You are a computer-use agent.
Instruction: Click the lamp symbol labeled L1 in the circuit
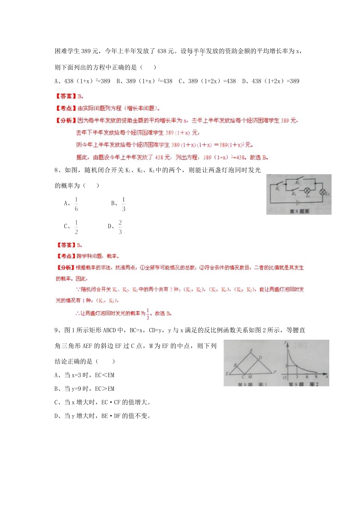pos(307,190)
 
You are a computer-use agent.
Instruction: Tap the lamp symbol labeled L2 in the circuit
pos(323,192)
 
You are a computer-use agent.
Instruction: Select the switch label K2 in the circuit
pos(297,183)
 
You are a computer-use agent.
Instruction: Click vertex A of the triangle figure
pos(251,351)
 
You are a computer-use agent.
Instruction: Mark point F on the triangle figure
pos(275,372)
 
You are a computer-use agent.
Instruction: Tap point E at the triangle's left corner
pos(227,374)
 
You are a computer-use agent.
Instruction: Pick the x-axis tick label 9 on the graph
pos(316,377)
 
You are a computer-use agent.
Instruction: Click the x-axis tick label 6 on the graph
pos(307,377)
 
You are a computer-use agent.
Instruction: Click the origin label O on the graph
pos(285,378)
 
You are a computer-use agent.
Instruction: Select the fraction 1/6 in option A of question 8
pos(76,204)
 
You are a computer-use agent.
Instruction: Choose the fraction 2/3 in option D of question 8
pos(120,227)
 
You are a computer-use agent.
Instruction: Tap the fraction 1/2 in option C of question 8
pos(76,227)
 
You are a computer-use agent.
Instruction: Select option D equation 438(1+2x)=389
pos(271,81)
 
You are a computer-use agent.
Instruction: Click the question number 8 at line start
pos(56,170)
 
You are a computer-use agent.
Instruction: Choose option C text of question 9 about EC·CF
pos(102,402)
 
